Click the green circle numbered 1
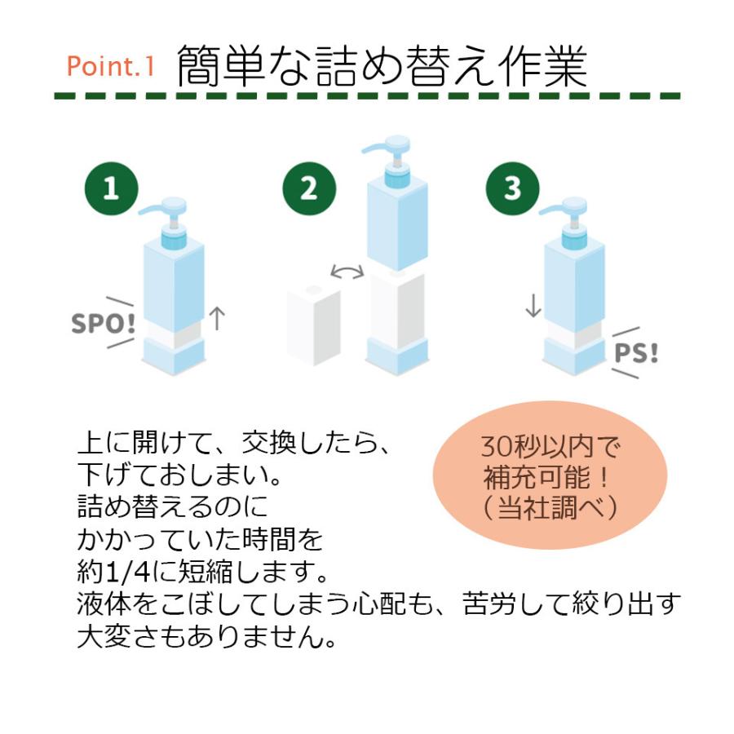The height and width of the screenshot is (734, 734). coord(110,189)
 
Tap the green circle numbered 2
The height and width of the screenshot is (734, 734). coord(308,189)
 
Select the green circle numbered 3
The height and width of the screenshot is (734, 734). coord(512,189)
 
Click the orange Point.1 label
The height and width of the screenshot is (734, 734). coord(110,66)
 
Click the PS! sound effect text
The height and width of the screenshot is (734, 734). coord(636,353)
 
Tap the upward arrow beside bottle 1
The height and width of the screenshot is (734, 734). coord(216,317)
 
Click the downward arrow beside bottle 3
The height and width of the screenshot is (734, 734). coord(533,304)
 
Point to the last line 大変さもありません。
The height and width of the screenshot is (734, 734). coord(207,636)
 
